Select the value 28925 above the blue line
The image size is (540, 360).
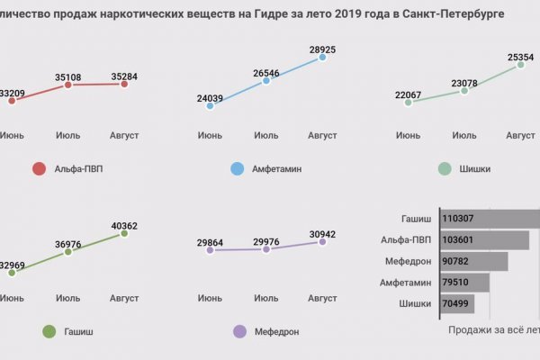(322, 46)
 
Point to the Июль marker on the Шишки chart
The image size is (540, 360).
(464, 91)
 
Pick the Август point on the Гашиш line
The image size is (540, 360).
(124, 233)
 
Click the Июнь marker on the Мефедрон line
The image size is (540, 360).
(210, 250)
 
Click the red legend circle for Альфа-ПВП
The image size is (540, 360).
(39, 168)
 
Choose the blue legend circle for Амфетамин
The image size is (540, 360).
(238, 168)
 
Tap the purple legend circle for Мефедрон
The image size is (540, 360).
(238, 331)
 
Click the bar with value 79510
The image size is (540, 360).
(464, 283)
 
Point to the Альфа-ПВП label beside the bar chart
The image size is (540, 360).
(409, 239)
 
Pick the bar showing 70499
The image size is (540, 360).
(460, 304)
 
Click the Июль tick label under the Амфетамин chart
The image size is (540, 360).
(265, 135)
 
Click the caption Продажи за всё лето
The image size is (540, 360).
(493, 330)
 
